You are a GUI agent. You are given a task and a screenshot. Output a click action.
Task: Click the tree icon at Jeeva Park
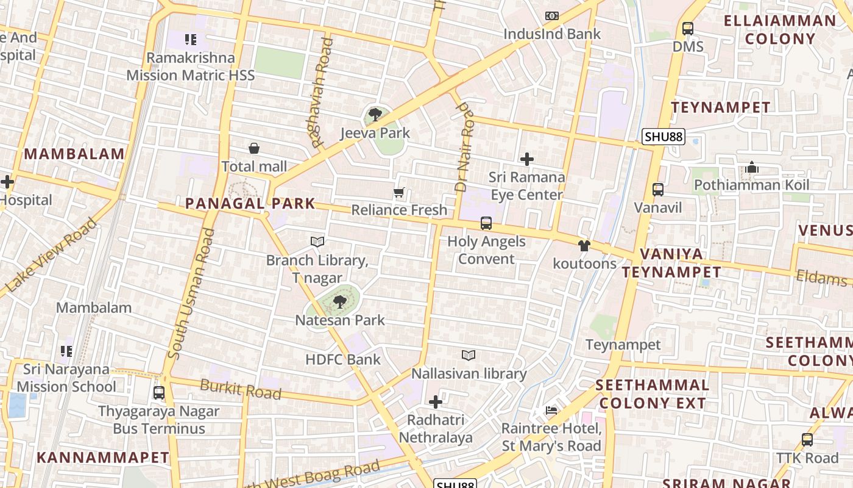tap(375, 114)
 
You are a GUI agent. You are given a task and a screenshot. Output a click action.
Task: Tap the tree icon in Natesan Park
tap(339, 301)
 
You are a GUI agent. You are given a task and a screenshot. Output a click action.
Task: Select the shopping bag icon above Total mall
tap(254, 148)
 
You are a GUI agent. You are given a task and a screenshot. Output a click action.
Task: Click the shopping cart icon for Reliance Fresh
tap(399, 193)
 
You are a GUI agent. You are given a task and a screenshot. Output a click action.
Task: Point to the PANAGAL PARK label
tap(250, 204)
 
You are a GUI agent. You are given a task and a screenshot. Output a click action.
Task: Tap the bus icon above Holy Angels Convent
tap(486, 223)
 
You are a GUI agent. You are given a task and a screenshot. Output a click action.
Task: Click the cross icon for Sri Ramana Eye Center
tap(527, 159)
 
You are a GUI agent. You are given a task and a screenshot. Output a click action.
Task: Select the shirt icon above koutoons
tap(584, 246)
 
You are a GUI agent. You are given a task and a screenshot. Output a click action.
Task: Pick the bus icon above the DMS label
tap(688, 28)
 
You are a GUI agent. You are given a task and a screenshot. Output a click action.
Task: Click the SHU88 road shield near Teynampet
tap(664, 137)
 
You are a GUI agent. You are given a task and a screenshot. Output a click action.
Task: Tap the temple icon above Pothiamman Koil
tap(751, 167)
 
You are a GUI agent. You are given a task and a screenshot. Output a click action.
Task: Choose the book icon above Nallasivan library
tap(469, 355)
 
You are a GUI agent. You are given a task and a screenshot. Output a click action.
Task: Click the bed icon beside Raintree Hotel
tap(551, 411)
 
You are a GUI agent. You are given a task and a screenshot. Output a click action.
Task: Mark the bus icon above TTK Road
tap(807, 439)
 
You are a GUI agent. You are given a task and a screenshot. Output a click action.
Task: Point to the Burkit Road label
tap(241, 389)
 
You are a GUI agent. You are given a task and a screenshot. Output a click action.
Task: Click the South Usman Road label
tap(191, 293)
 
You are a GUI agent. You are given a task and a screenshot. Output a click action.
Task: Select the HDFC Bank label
tap(343, 359)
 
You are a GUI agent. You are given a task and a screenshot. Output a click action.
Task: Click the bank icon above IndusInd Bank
tap(552, 16)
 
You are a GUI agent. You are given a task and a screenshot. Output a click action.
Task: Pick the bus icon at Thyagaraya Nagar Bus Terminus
tap(159, 393)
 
